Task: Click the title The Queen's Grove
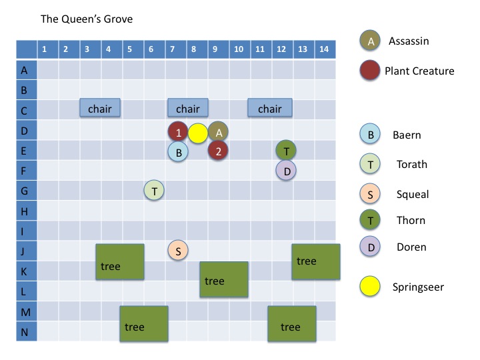(x=87, y=19)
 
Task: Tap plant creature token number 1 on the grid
(x=178, y=132)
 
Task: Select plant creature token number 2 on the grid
(x=218, y=151)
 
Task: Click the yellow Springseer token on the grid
(x=198, y=133)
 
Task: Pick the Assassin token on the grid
(x=218, y=132)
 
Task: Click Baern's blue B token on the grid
(x=178, y=152)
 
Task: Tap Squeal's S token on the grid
(x=178, y=251)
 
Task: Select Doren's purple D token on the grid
(x=286, y=171)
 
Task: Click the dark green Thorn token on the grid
(x=286, y=151)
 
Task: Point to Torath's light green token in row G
(x=154, y=191)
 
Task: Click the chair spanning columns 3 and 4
(x=100, y=109)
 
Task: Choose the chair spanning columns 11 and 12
(x=270, y=109)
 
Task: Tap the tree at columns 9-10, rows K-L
(x=224, y=281)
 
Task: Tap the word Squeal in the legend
(x=412, y=195)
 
